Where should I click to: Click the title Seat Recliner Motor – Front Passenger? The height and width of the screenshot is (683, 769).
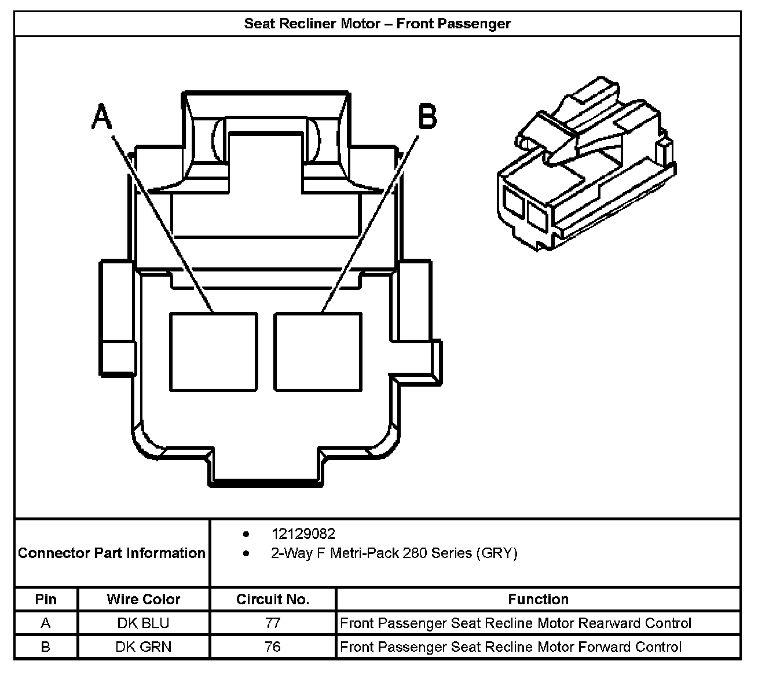point(377,24)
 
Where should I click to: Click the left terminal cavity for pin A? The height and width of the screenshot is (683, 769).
point(213,351)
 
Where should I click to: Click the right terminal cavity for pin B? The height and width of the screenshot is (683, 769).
point(318,351)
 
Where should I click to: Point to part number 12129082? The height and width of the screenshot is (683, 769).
point(303,534)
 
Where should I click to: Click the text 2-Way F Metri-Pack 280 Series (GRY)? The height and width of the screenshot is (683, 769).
point(394,553)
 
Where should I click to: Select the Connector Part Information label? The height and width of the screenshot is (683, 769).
point(112,553)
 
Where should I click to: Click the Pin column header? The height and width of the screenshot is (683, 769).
point(46,599)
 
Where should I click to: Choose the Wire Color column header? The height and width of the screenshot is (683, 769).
point(143,599)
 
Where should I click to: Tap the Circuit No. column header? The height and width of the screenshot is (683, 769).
point(273,599)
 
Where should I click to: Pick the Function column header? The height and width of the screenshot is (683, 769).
point(538,599)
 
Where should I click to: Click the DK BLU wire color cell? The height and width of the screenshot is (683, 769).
point(143,623)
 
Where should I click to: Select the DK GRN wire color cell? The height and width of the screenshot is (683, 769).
point(143,647)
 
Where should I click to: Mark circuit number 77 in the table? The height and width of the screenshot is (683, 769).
point(273,623)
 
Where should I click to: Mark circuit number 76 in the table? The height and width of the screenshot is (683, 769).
point(273,647)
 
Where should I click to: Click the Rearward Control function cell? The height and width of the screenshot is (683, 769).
point(515,623)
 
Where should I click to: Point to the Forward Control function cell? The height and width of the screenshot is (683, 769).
point(511,647)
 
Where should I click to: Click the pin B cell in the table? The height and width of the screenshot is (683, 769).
point(46,647)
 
